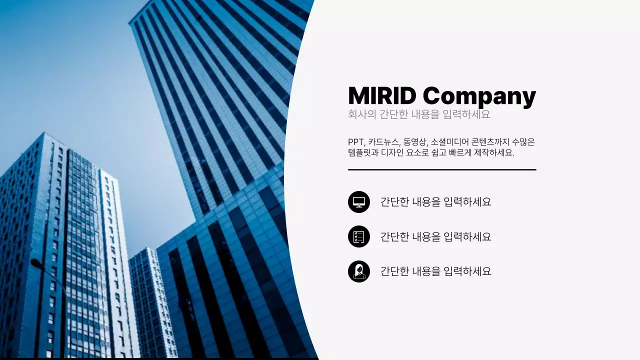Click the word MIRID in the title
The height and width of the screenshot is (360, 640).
coord(382,96)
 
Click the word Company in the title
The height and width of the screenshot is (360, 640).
coord(479,97)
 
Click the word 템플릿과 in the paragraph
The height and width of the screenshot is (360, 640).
coord(363,152)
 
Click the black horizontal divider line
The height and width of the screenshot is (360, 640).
coord(442,169)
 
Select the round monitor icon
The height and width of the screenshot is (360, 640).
coord(359,202)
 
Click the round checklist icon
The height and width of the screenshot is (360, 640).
coord(359,236)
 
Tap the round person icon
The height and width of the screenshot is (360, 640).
coord(359,271)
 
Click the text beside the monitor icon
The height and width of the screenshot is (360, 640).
coord(435,202)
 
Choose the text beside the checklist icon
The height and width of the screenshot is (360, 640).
coord(435,236)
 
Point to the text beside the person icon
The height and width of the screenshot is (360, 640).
coord(435,271)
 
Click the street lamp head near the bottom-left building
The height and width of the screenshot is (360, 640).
coord(35,262)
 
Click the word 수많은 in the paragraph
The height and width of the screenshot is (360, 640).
coord(523,142)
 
